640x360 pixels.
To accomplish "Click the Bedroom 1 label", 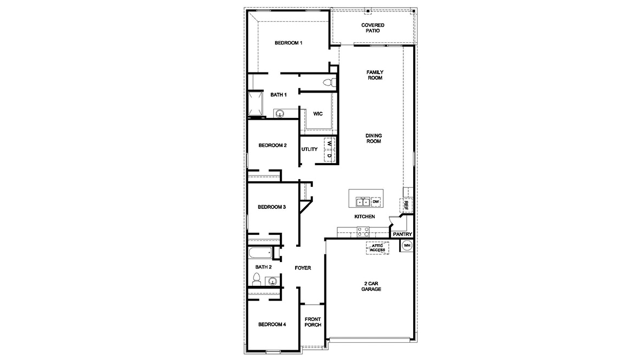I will coord(288,43).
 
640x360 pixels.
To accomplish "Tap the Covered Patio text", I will coord(373,28).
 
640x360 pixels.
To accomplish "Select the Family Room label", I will coord(374,75).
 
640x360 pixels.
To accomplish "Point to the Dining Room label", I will coord(374,138).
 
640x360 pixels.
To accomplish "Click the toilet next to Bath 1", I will coord(328,83).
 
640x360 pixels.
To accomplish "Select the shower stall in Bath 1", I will coord(256,104).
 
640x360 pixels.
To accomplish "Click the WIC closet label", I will coord(318,114).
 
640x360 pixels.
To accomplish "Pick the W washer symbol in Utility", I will coord(329,144).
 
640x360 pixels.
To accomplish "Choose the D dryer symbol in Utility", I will coord(329,155).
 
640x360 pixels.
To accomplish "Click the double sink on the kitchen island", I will coord(362,202).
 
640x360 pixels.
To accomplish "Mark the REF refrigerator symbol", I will coord(406,205).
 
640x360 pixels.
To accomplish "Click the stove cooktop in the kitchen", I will coord(363,232).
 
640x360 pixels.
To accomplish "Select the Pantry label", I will coord(402,234).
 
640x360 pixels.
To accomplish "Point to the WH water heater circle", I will coord(407,245).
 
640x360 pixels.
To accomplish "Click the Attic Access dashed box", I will coord(377,247).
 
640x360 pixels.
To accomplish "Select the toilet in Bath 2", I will coord(257,279).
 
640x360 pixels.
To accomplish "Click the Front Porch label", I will coord(313,322).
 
